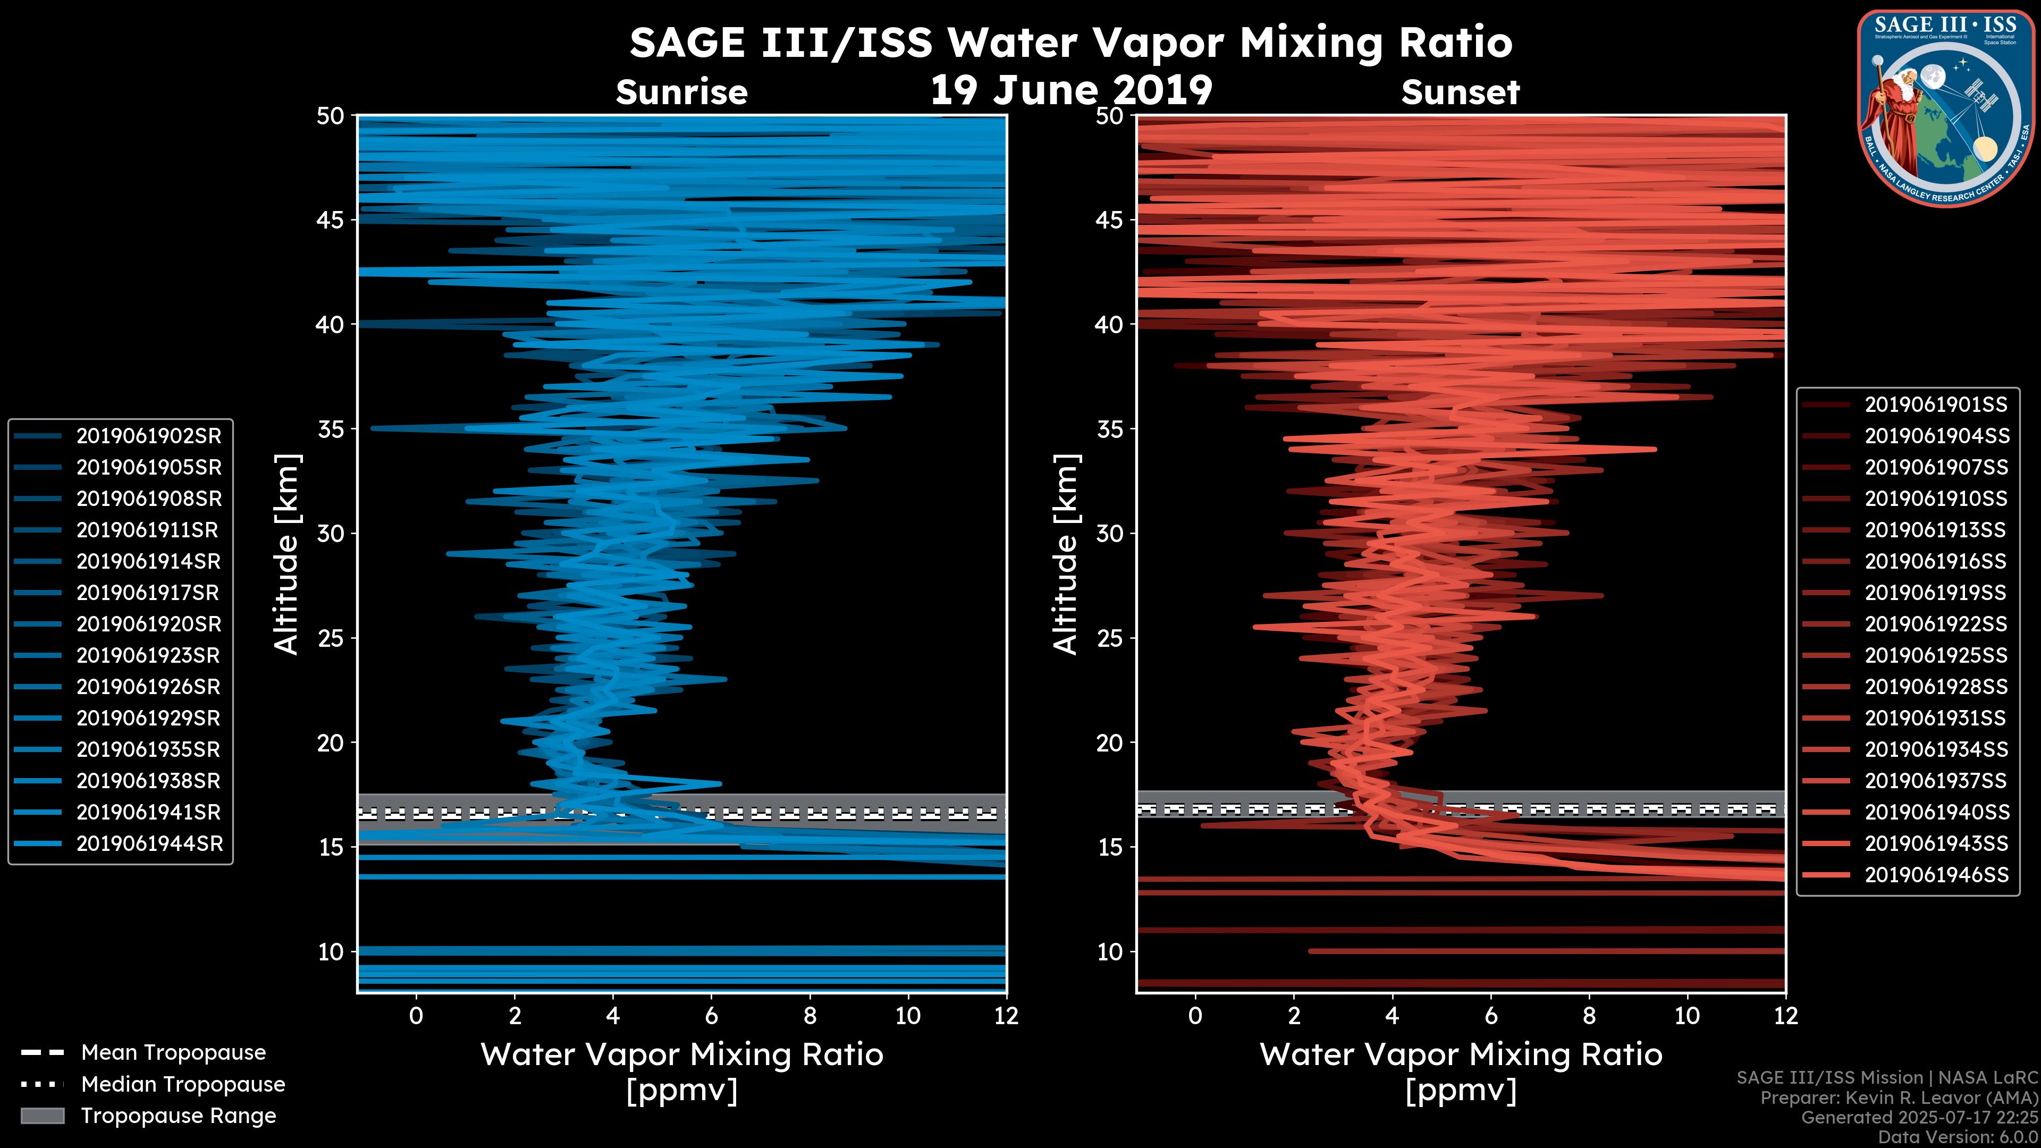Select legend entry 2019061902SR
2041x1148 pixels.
click(148, 436)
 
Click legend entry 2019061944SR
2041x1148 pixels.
click(148, 844)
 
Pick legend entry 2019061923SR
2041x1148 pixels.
click(148, 655)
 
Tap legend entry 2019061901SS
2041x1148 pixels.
click(1936, 405)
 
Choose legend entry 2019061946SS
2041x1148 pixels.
click(1936, 875)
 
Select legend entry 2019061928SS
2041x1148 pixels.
click(1936, 686)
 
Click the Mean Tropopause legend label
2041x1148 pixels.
click(173, 1052)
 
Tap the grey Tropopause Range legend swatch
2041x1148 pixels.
click(42, 1116)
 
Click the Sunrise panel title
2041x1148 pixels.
click(681, 92)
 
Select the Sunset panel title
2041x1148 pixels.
click(1460, 92)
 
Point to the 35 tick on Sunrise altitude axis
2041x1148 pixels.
click(331, 429)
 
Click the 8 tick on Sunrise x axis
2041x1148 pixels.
click(809, 1016)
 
